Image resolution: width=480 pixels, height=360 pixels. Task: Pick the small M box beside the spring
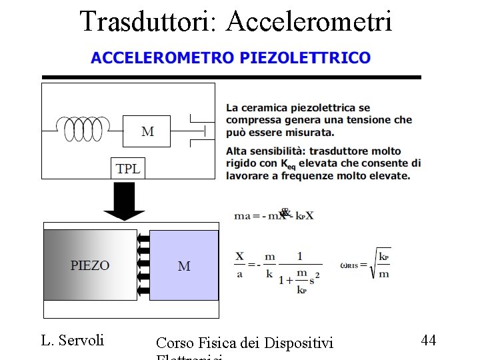(147, 131)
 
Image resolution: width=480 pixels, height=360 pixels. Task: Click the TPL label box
(128, 169)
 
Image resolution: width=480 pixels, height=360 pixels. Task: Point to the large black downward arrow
(124, 200)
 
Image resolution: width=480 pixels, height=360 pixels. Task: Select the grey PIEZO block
(90, 265)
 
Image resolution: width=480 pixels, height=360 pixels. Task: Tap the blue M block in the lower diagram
(184, 265)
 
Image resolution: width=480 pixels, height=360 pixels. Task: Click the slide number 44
(429, 341)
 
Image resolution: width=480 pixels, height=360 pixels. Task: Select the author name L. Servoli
(73, 341)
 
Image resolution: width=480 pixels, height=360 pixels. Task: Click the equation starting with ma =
(273, 215)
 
